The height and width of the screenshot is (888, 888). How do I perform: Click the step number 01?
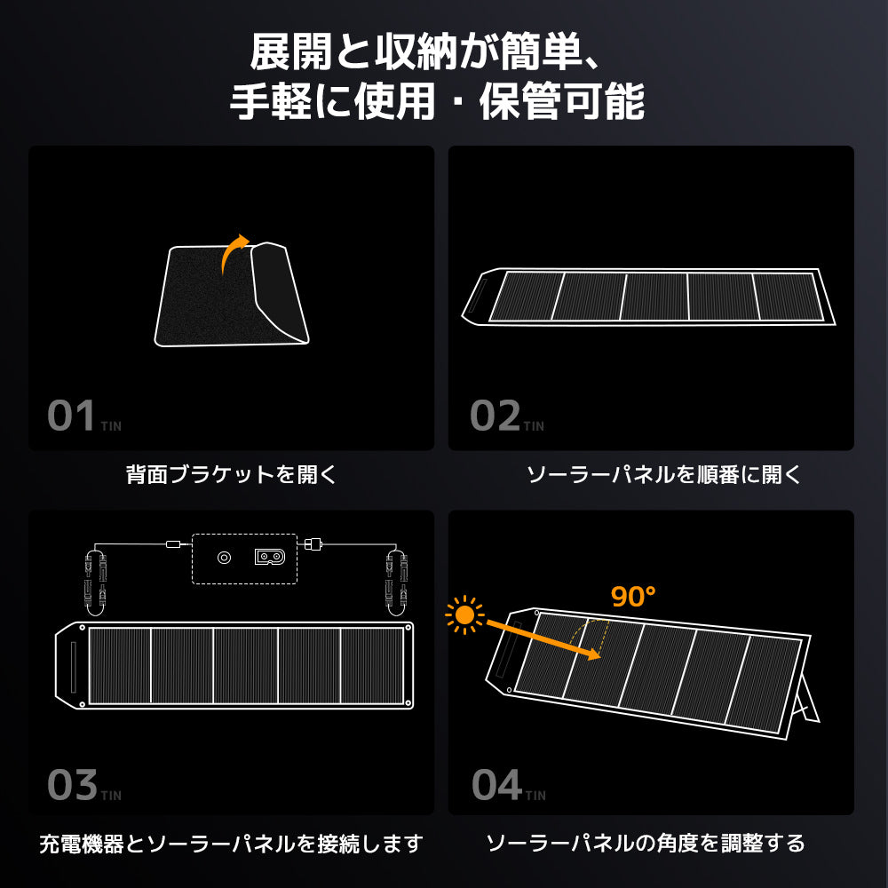coord(71,416)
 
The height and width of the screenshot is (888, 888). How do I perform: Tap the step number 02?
coord(495,416)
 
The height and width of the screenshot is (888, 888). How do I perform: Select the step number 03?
coord(72,785)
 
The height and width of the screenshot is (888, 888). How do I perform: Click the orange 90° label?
coord(633,597)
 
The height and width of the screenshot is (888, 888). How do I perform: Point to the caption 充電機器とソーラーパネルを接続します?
coord(231,843)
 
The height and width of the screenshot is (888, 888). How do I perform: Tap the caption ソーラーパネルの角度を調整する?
coord(646,843)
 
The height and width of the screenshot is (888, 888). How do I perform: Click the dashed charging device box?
coord(244,559)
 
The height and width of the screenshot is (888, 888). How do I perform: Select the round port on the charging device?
coord(224,558)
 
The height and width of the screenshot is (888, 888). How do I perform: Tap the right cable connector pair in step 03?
coord(395,577)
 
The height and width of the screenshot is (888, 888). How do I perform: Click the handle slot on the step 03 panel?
coord(71,665)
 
